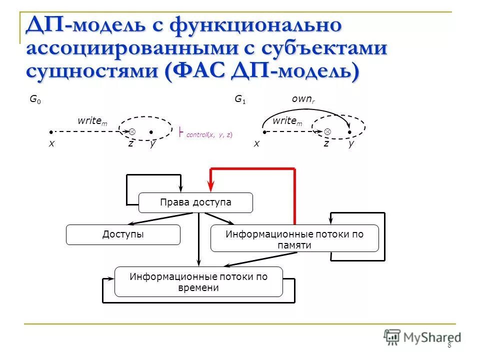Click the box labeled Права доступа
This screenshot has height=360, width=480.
coord(195,202)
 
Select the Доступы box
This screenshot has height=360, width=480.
coord(123,234)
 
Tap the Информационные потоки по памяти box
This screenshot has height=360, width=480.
coord(294,238)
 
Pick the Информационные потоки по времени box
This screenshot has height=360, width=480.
coord(198,281)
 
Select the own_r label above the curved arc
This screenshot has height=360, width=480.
coord(301,99)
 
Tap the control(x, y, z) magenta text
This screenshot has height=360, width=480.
coord(209,134)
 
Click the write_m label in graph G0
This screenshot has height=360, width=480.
coord(92,121)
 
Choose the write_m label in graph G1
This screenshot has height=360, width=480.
coord(287,121)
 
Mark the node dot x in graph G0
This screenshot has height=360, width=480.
coord(51,132)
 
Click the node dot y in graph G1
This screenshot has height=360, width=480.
coord(349,132)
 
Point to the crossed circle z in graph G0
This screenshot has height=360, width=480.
coord(132,131)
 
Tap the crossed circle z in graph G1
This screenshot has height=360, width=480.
coord(327,131)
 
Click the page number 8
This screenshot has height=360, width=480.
coord(449,345)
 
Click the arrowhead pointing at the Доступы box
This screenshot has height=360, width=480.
coord(131,224)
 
